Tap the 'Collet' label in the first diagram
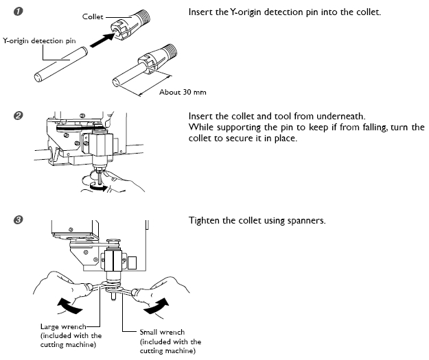click(93, 16)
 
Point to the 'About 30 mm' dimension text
click(183, 92)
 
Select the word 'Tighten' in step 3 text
click(203, 220)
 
